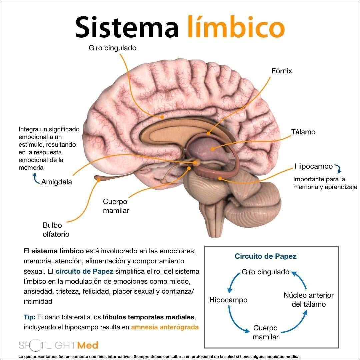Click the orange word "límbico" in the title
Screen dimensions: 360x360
pos(236,27)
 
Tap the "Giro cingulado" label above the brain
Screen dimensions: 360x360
pos(112,48)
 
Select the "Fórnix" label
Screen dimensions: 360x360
pos(282,71)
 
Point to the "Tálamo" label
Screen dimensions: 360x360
pos(303,132)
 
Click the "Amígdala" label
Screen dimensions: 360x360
pos(56,182)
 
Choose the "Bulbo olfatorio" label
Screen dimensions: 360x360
pos(56,230)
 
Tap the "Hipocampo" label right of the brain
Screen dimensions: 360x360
pos(313,166)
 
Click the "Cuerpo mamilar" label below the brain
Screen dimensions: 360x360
pos(116,206)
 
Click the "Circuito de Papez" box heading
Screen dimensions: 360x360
pos(265,256)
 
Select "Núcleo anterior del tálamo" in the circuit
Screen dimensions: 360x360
pos(308,300)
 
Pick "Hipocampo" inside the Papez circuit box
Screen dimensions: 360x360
pos(228,300)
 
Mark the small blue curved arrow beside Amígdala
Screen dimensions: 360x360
pos(35,180)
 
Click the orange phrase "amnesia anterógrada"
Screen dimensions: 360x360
pos(165,327)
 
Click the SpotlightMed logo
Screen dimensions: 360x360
pos(58,345)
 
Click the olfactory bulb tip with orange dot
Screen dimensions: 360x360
pos(99,180)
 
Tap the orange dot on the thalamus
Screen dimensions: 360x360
pos(212,149)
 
